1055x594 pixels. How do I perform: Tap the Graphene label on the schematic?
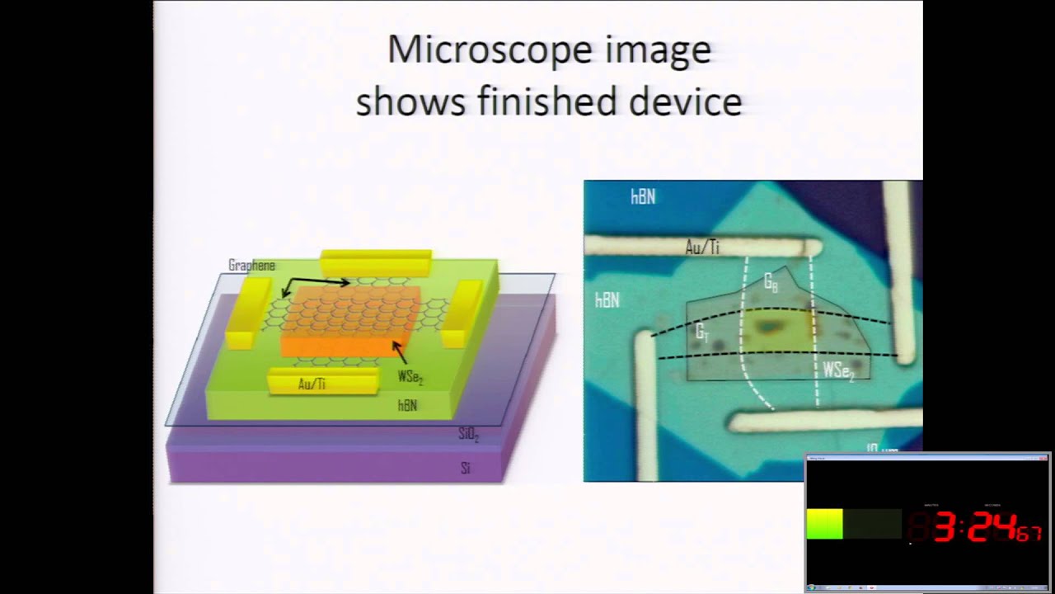(x=251, y=266)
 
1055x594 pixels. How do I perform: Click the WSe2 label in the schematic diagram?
(x=410, y=377)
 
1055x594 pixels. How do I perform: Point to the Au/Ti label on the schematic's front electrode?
(x=312, y=384)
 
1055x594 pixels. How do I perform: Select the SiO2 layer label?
(x=468, y=434)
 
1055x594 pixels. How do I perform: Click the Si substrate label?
(x=466, y=469)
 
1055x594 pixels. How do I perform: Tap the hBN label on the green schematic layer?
(x=407, y=405)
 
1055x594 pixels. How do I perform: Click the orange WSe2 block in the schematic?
(x=350, y=322)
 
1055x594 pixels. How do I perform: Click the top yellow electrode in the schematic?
(x=376, y=262)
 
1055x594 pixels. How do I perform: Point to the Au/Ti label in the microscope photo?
(x=702, y=247)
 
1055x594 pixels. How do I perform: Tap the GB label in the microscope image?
(x=771, y=284)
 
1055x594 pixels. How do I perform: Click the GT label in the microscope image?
(x=702, y=332)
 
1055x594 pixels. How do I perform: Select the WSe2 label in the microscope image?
(x=838, y=371)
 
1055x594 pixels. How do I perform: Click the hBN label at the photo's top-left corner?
(x=643, y=196)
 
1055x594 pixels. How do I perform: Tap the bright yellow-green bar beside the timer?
(x=824, y=525)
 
